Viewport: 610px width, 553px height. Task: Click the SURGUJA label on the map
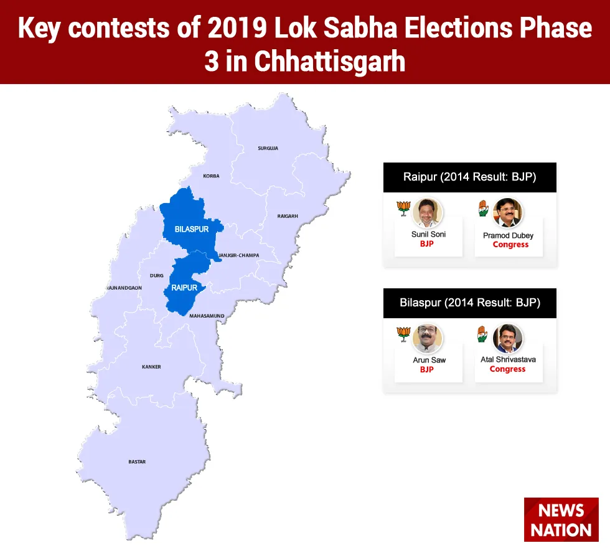(x=268, y=148)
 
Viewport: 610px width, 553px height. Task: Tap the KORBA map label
(x=211, y=176)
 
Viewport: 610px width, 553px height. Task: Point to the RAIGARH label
(x=288, y=216)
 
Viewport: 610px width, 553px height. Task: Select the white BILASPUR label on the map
(x=192, y=229)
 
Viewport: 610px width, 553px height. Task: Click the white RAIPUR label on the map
(x=184, y=288)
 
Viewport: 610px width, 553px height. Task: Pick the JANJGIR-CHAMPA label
(x=238, y=255)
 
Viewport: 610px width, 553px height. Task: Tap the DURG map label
(x=157, y=275)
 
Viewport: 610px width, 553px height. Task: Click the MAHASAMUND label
(x=207, y=316)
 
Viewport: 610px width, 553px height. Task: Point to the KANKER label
(x=151, y=367)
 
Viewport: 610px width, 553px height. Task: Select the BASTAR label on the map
(x=137, y=461)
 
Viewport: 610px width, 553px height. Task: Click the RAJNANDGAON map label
(x=124, y=288)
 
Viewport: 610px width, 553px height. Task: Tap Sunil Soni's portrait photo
(x=428, y=212)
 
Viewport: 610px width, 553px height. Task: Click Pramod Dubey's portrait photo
(x=508, y=212)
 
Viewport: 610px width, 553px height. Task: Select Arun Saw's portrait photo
(x=428, y=339)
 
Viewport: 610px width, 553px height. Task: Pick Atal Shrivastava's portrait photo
(x=508, y=339)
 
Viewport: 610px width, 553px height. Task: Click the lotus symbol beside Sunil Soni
(x=403, y=208)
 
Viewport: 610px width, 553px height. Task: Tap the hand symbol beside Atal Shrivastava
(x=482, y=334)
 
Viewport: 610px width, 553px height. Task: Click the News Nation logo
(x=561, y=519)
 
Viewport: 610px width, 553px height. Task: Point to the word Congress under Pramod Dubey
(x=510, y=244)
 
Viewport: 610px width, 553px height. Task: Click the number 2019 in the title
(x=237, y=28)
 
